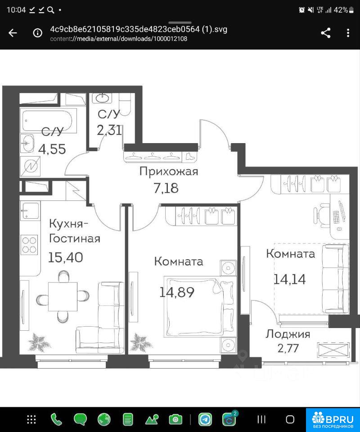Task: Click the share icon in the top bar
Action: pyautogui.click(x=325, y=33)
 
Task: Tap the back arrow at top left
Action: pyautogui.click(x=13, y=33)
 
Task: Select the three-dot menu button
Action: pyautogui.click(x=348, y=33)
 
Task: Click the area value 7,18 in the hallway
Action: pyautogui.click(x=166, y=188)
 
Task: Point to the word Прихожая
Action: pyautogui.click(x=169, y=171)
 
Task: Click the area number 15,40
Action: pyautogui.click(x=66, y=257)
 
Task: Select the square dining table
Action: pyautogui.click(x=63, y=297)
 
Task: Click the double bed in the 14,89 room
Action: pyautogui.click(x=200, y=306)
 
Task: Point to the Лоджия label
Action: pyautogui.click(x=288, y=334)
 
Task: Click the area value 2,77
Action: pyautogui.click(x=288, y=348)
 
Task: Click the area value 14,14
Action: pyautogui.click(x=289, y=279)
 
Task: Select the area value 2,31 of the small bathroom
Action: pyautogui.click(x=109, y=130)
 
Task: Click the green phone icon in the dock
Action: pyautogui.click(x=56, y=419)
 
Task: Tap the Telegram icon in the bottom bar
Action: pyautogui.click(x=205, y=419)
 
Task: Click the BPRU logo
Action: pyautogui.click(x=333, y=419)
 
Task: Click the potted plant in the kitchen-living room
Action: pyautogui.click(x=40, y=342)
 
